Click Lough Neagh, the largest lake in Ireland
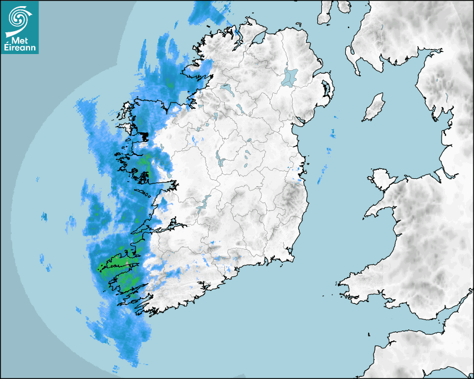click(x=290, y=76)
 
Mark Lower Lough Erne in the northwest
click(x=226, y=88)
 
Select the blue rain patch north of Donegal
click(x=209, y=13)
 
